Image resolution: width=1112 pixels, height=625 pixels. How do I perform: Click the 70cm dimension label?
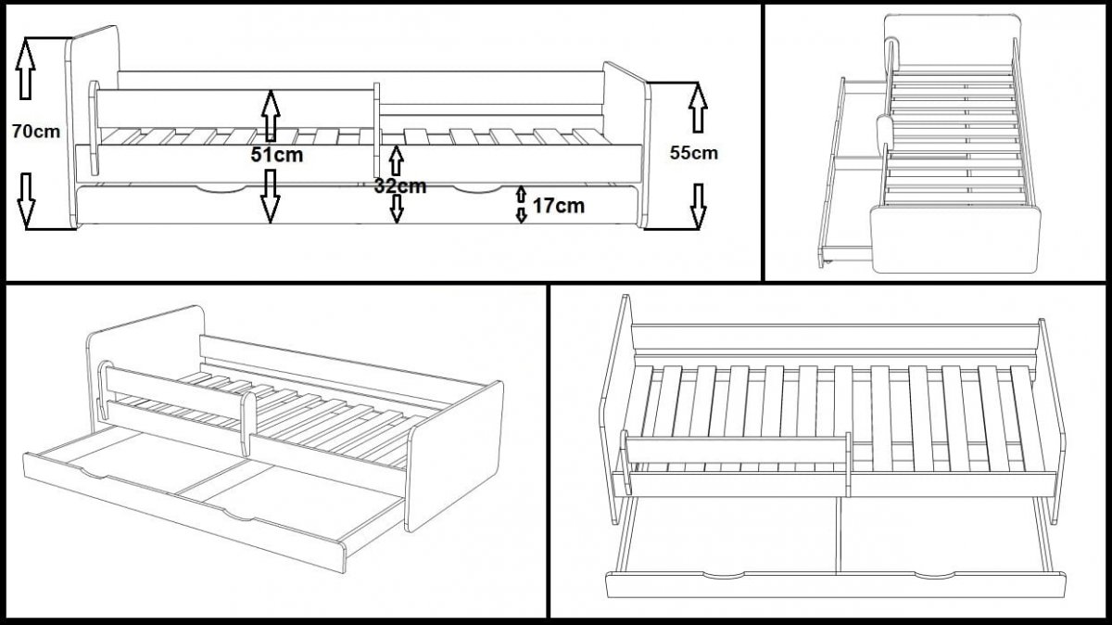coord(35,132)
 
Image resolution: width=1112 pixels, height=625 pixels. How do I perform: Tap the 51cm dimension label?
coord(277,155)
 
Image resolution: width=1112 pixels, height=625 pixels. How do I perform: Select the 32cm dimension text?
coord(399,185)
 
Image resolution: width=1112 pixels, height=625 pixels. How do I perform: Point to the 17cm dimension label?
coord(559,206)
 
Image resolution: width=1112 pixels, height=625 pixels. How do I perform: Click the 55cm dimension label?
coord(693,153)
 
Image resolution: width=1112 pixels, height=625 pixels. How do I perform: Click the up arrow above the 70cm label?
coord(26,70)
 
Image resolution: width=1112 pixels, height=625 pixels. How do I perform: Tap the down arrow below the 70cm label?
coord(26,199)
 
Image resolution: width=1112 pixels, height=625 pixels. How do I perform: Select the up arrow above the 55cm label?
coord(698,107)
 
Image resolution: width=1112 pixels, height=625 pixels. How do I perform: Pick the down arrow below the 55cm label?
coord(698,206)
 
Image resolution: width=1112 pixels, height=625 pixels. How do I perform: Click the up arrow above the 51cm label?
coord(270,115)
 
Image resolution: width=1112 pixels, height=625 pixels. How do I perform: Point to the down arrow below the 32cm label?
coord(397,209)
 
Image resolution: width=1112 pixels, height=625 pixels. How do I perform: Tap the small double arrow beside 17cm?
coord(522,204)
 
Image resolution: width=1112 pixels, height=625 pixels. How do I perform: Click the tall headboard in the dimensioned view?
coord(94,121)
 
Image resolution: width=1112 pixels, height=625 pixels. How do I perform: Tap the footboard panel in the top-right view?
coord(954,239)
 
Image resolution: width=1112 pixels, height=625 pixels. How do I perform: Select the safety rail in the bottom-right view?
coord(737,450)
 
